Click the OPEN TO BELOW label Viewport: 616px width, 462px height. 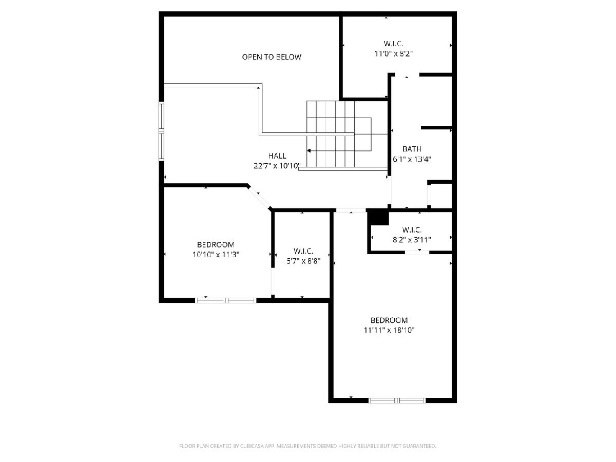pos(272,57)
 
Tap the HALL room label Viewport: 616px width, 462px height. pos(277,156)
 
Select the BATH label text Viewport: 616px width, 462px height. pos(412,149)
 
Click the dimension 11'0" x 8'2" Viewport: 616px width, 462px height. pos(393,53)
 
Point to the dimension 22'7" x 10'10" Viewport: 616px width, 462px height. pos(277,166)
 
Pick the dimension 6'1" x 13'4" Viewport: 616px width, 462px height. pos(412,159)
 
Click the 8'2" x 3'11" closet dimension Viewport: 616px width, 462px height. pos(412,240)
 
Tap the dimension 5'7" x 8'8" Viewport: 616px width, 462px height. pos(303,261)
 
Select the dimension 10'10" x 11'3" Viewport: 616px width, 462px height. pos(216,255)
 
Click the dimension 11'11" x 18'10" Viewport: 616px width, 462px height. pos(389,330)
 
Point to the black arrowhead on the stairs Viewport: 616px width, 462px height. pos(309,150)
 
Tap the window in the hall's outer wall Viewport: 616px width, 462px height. pos(161,131)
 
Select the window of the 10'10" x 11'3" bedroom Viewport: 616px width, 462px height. pos(226,300)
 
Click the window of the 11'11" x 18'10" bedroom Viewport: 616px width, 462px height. pos(397,400)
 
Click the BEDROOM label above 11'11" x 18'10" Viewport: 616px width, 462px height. pos(389,320)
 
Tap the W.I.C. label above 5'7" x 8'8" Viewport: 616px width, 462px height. pos(303,251)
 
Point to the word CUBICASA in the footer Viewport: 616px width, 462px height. pos(252,446)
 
